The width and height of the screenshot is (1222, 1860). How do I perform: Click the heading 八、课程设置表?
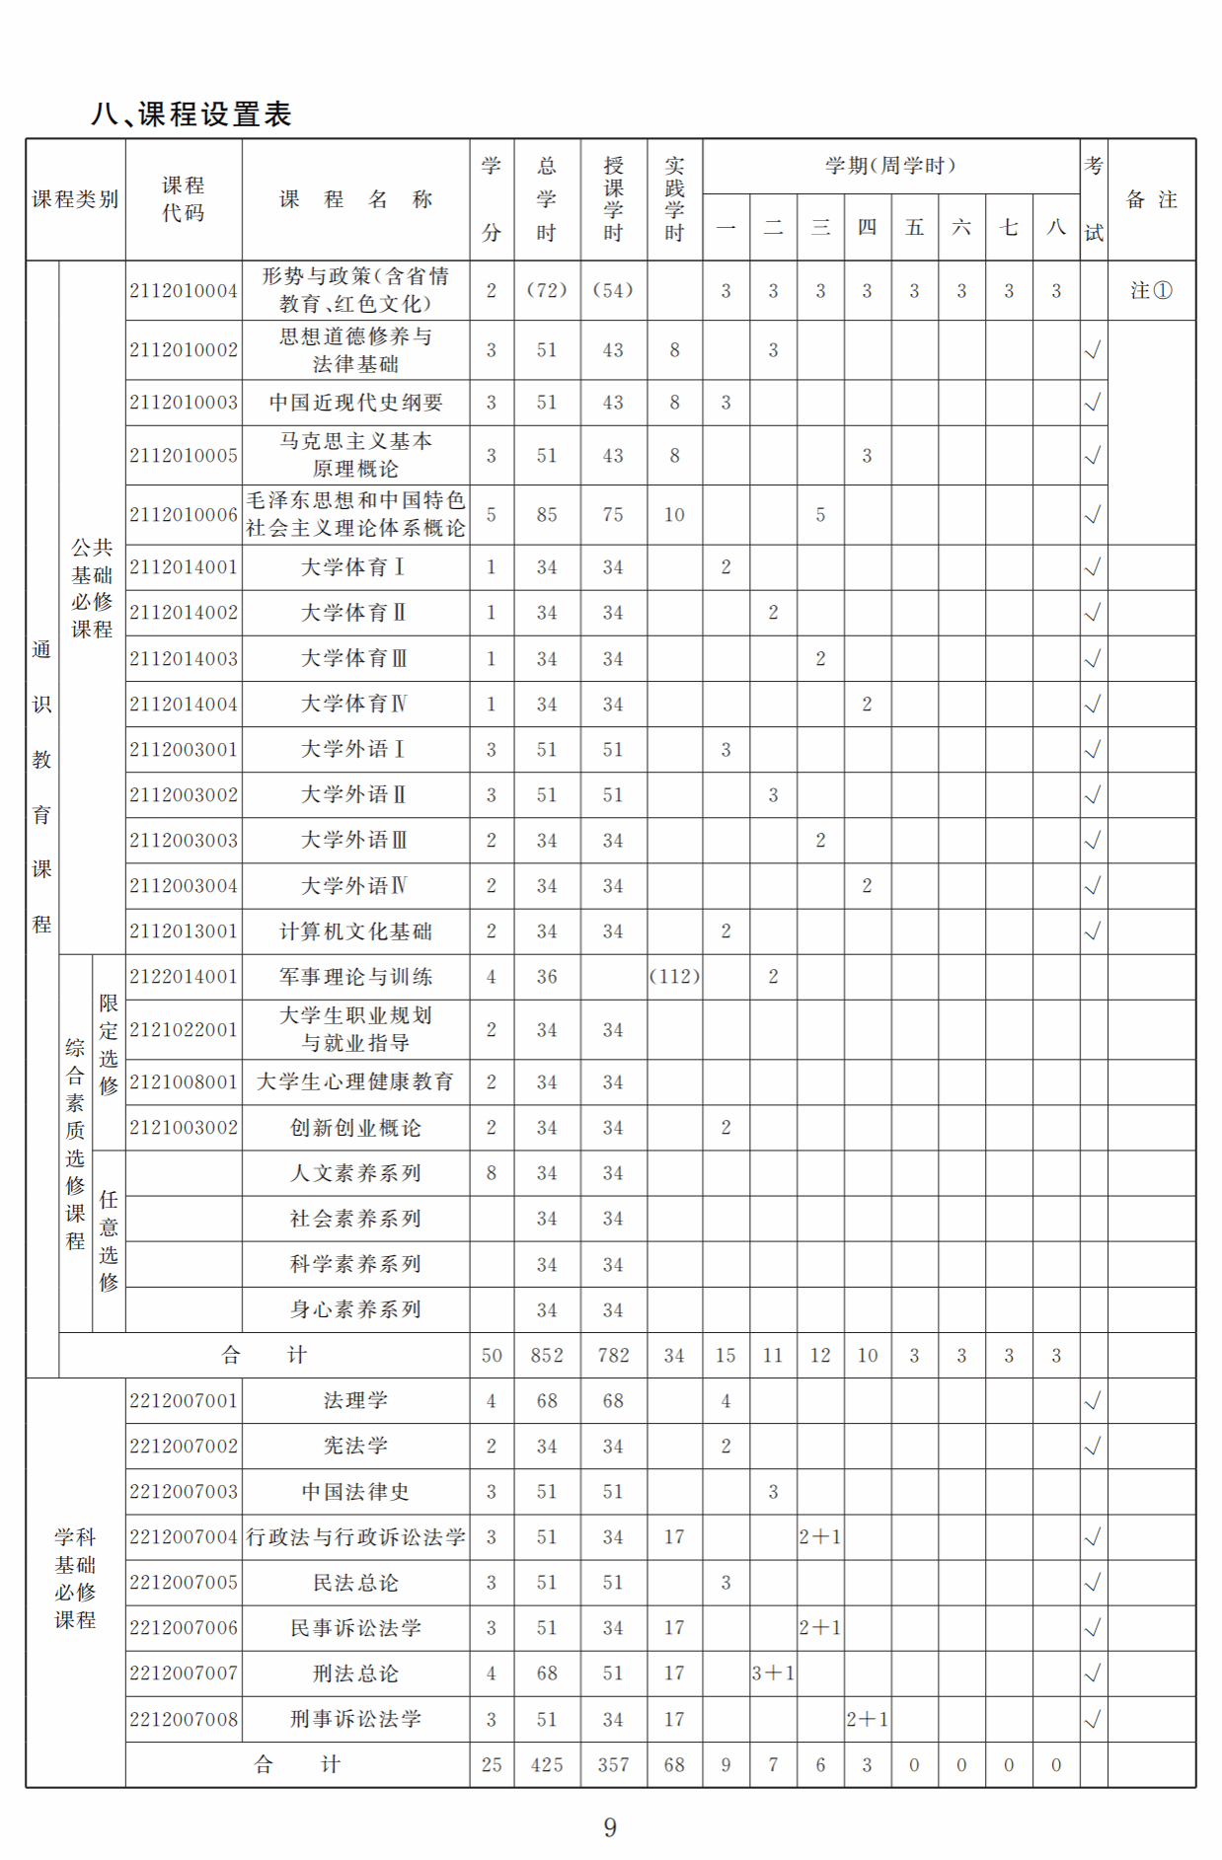point(191,114)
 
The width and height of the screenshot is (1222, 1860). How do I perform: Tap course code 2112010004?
point(184,291)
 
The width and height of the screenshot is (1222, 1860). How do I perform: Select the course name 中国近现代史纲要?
point(355,403)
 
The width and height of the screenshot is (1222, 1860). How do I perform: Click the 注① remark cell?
point(1151,291)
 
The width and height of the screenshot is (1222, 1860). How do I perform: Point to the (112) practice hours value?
point(674,977)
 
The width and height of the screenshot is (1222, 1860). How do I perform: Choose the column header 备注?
point(1151,199)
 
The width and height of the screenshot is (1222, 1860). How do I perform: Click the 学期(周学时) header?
point(890,166)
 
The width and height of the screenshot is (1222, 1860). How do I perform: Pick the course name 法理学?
point(355,1401)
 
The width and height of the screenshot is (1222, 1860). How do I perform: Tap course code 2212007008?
point(184,1720)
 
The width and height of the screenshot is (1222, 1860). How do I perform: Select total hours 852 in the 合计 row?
point(547,1356)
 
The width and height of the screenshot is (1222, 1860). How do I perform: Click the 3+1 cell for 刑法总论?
point(773,1674)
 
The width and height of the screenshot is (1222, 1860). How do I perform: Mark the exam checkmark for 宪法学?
point(1093,1447)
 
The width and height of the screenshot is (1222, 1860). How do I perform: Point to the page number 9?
point(610,1827)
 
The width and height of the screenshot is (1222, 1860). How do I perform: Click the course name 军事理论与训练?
point(355,977)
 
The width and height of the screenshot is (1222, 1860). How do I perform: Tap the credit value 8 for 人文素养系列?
point(492,1173)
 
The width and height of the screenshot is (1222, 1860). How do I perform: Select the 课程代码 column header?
point(184,199)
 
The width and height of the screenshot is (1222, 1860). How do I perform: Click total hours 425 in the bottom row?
point(547,1765)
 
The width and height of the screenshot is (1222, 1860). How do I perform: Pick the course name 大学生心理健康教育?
point(355,1082)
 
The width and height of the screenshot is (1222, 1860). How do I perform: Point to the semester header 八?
point(1056,228)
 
